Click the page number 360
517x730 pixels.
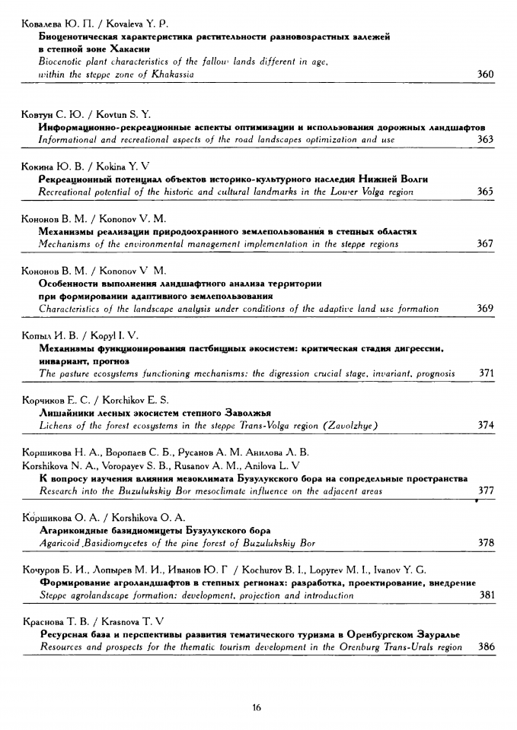coord(485,75)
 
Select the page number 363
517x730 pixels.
coord(485,140)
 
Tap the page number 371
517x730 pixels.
coord(485,373)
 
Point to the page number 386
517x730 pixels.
coord(485,647)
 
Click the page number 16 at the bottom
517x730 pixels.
coord(257,708)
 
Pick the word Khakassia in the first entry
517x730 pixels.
coord(172,75)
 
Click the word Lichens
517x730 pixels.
coord(56,426)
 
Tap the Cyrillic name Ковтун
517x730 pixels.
coord(33,114)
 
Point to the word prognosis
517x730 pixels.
coord(433,373)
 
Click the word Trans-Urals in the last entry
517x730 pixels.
coord(412,647)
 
